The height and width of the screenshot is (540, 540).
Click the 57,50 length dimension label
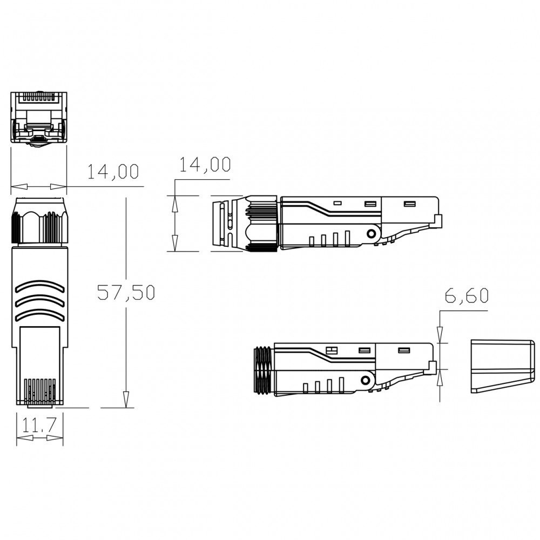tap(126, 292)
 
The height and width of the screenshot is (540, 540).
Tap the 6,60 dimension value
tap(467, 295)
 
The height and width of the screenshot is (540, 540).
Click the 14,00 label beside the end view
tap(113, 171)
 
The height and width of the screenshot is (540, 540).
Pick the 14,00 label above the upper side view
tap(205, 164)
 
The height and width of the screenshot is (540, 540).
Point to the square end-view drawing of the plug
tap(38, 118)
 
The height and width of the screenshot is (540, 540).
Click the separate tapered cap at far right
tap(502, 367)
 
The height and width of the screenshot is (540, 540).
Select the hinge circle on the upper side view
tap(372, 234)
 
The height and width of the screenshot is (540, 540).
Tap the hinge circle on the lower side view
tap(365, 381)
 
